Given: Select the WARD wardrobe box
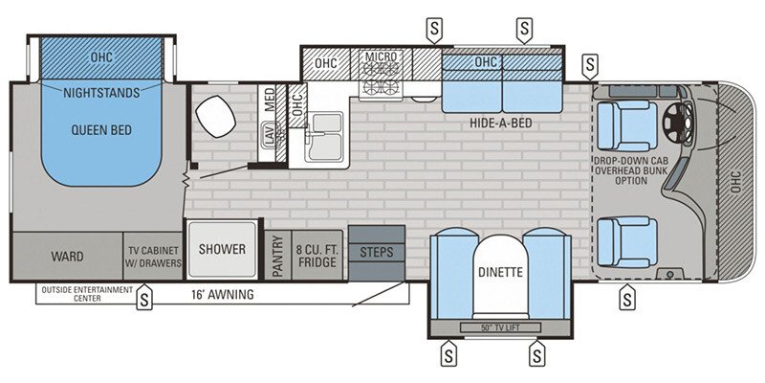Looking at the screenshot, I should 67,257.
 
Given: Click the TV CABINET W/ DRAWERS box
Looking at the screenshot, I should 154,257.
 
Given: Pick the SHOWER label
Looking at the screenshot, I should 223,249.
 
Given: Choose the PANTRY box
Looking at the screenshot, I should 277,257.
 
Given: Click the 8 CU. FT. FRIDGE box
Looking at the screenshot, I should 316,257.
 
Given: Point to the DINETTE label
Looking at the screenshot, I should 499,272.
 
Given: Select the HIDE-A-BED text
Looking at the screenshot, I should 500,124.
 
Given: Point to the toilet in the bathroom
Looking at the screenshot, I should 215,117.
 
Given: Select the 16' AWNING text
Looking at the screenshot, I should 221,295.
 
